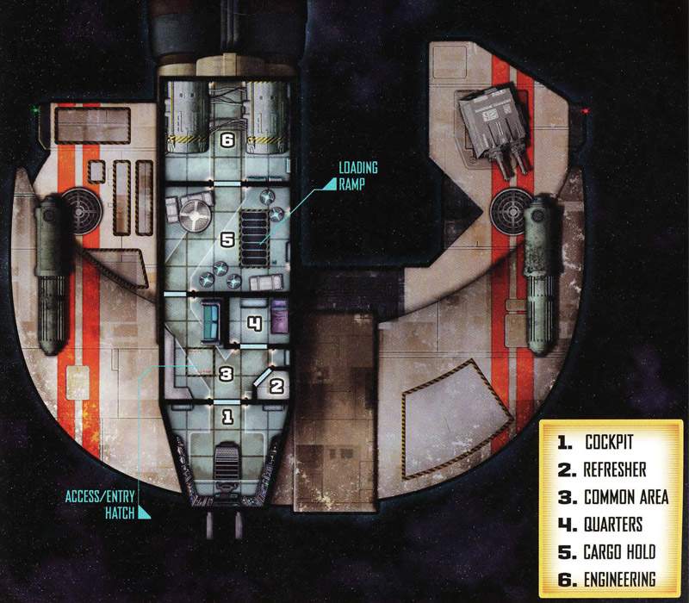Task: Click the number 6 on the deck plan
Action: (x=227, y=140)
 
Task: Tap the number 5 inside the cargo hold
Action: (x=227, y=240)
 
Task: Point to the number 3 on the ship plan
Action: (x=226, y=375)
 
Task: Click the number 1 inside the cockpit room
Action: (x=227, y=418)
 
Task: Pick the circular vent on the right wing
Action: (x=507, y=208)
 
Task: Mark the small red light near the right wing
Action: (x=585, y=111)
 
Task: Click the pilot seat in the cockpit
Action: (x=227, y=457)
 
